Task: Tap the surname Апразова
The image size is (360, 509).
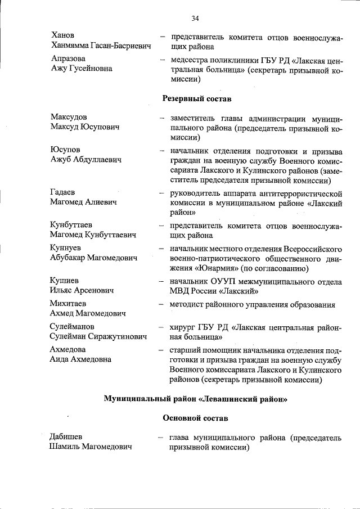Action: pyautogui.click(x=68, y=58)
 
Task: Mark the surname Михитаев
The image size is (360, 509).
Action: pyautogui.click(x=69, y=304)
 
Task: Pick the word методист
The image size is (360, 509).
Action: pyautogui.click(x=187, y=304)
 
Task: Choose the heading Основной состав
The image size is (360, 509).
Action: pyautogui.click(x=195, y=418)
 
